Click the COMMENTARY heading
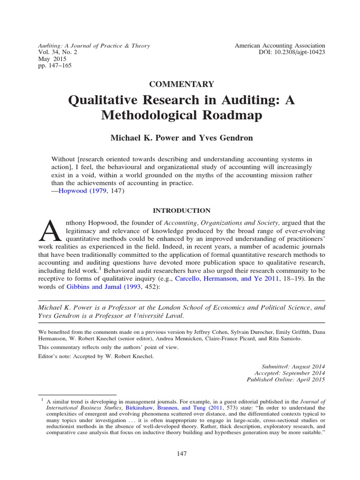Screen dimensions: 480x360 click(181, 84)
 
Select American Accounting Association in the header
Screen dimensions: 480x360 click(280, 45)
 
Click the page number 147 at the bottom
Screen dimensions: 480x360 click(181, 454)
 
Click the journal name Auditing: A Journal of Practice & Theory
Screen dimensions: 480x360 click(94, 45)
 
